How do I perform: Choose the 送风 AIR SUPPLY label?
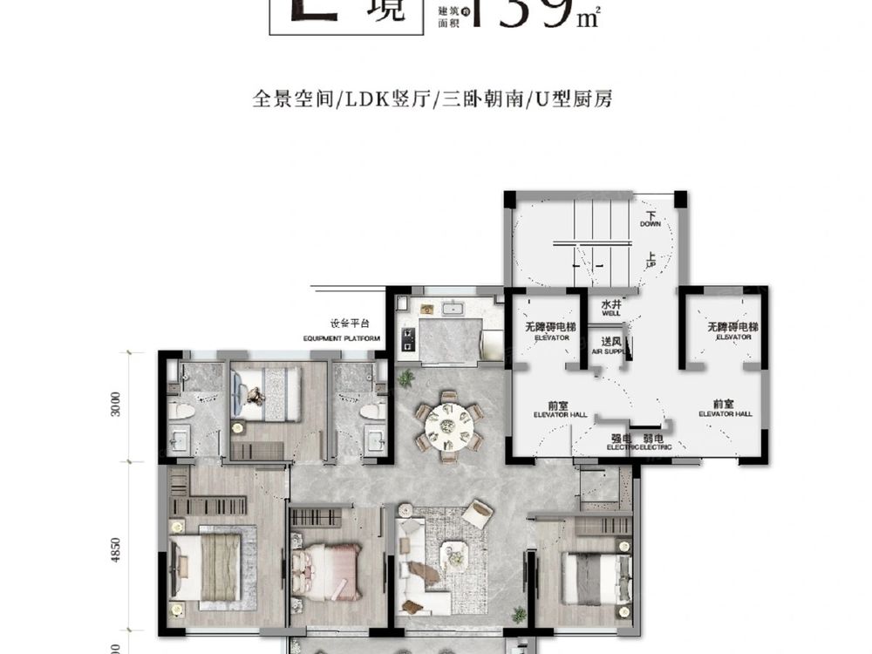point(610,345)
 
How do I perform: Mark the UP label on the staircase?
point(651,260)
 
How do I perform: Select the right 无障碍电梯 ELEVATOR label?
point(733,330)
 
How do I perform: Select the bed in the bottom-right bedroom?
point(592,576)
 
